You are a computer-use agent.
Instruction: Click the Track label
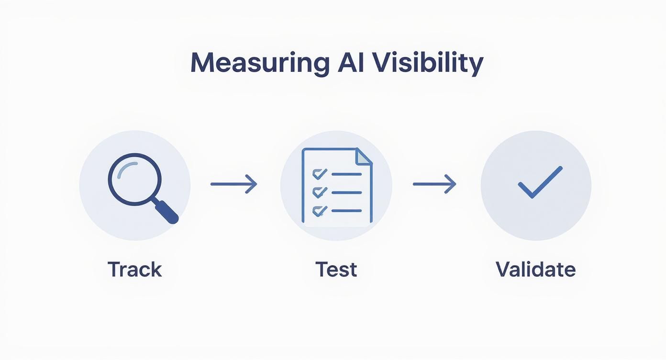coord(135,270)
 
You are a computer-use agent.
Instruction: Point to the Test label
coord(336,270)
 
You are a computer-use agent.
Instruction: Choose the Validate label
coord(535,270)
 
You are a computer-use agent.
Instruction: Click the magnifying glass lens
coord(134,180)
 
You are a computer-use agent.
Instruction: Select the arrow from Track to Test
coord(233,184)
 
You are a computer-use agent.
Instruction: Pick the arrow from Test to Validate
coord(434,184)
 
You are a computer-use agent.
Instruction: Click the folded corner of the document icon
coord(364,156)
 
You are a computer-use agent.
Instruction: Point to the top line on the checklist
coord(346,174)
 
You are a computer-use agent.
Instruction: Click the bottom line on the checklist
coord(346,211)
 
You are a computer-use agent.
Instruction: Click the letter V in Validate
coord(502,270)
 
